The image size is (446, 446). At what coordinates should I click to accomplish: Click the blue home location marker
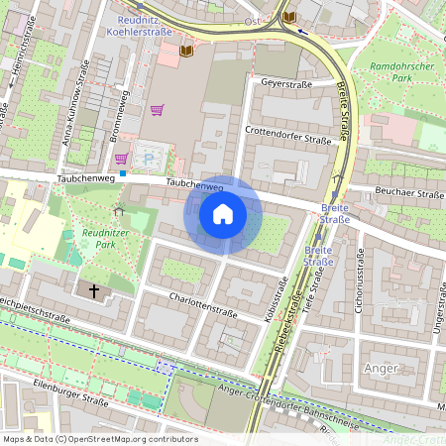(x=223, y=214)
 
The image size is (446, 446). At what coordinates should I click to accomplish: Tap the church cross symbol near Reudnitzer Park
(x=95, y=290)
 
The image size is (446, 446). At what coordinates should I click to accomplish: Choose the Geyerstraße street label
(x=285, y=85)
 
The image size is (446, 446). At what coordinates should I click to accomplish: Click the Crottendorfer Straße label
(x=287, y=132)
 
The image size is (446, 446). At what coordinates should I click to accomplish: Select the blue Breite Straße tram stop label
(x=335, y=213)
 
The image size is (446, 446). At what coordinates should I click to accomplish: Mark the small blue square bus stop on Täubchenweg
(x=123, y=173)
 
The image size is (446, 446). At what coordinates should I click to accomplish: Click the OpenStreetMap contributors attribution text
(x=99, y=439)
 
